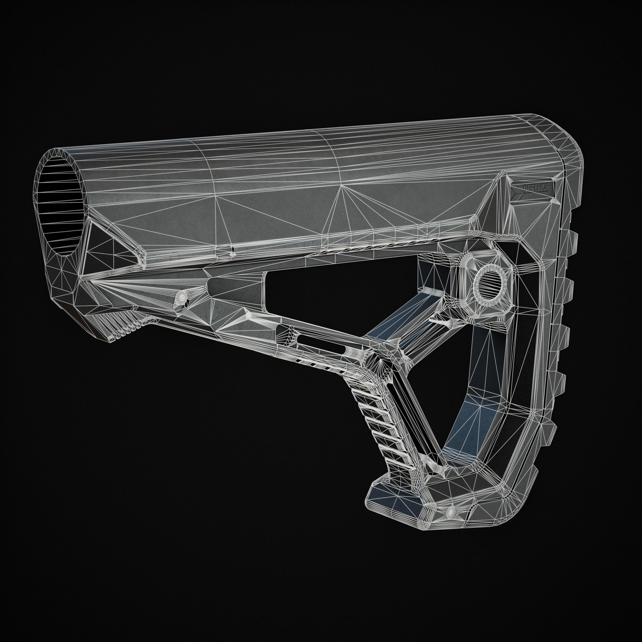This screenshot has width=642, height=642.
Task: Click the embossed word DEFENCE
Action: pyautogui.click(x=536, y=188)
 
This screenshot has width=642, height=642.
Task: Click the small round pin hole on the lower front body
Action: pyautogui.click(x=182, y=297)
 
